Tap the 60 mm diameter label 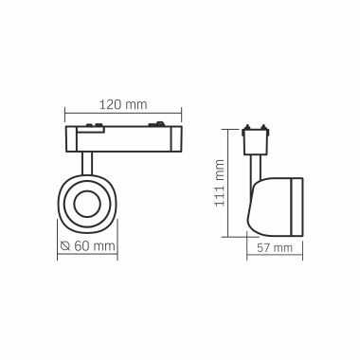pyautogui.click(x=93, y=246)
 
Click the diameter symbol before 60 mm pyautogui.click(x=63, y=246)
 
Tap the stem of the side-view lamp pyautogui.click(x=256, y=167)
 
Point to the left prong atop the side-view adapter pyautogui.click(x=248, y=125)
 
